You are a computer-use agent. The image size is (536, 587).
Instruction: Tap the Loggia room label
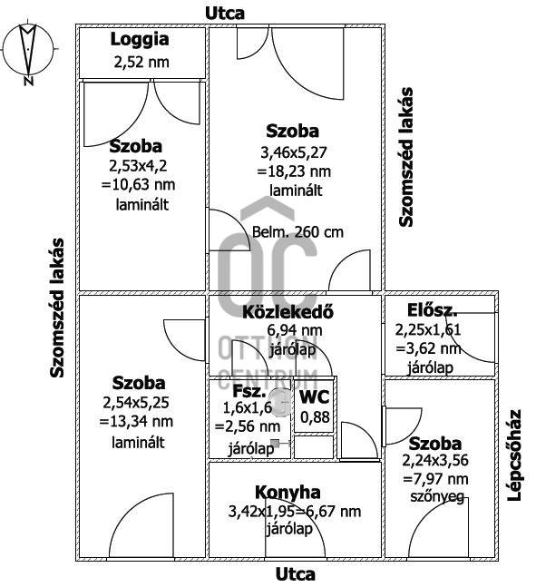tap(140, 40)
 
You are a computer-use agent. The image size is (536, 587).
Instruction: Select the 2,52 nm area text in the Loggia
tap(141, 62)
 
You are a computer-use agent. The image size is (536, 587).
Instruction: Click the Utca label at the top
tap(225, 13)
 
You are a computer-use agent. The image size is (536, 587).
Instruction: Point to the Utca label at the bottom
tap(296, 574)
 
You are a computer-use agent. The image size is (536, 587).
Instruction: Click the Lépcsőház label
tap(514, 455)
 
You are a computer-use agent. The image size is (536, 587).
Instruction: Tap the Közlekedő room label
tap(287, 312)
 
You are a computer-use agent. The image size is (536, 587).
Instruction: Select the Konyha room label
tap(287, 493)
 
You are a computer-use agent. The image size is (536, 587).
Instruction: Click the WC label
tap(315, 396)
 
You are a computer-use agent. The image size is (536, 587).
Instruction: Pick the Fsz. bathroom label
tap(249, 391)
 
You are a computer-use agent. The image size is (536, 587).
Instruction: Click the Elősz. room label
tap(433, 310)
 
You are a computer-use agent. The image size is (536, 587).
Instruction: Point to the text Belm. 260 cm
tap(297, 232)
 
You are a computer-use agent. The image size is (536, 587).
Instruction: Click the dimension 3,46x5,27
tap(294, 152)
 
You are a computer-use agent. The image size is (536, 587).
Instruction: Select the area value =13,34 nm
tap(136, 422)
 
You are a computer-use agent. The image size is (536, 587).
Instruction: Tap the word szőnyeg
tap(437, 497)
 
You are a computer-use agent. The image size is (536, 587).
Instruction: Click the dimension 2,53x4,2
tap(138, 166)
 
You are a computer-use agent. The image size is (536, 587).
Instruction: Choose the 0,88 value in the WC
tap(315, 417)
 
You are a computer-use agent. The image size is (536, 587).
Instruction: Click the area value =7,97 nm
tap(435, 479)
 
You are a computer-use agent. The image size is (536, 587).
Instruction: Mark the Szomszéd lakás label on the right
tap(405, 157)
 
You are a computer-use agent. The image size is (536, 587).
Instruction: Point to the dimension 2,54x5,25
tap(136, 403)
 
